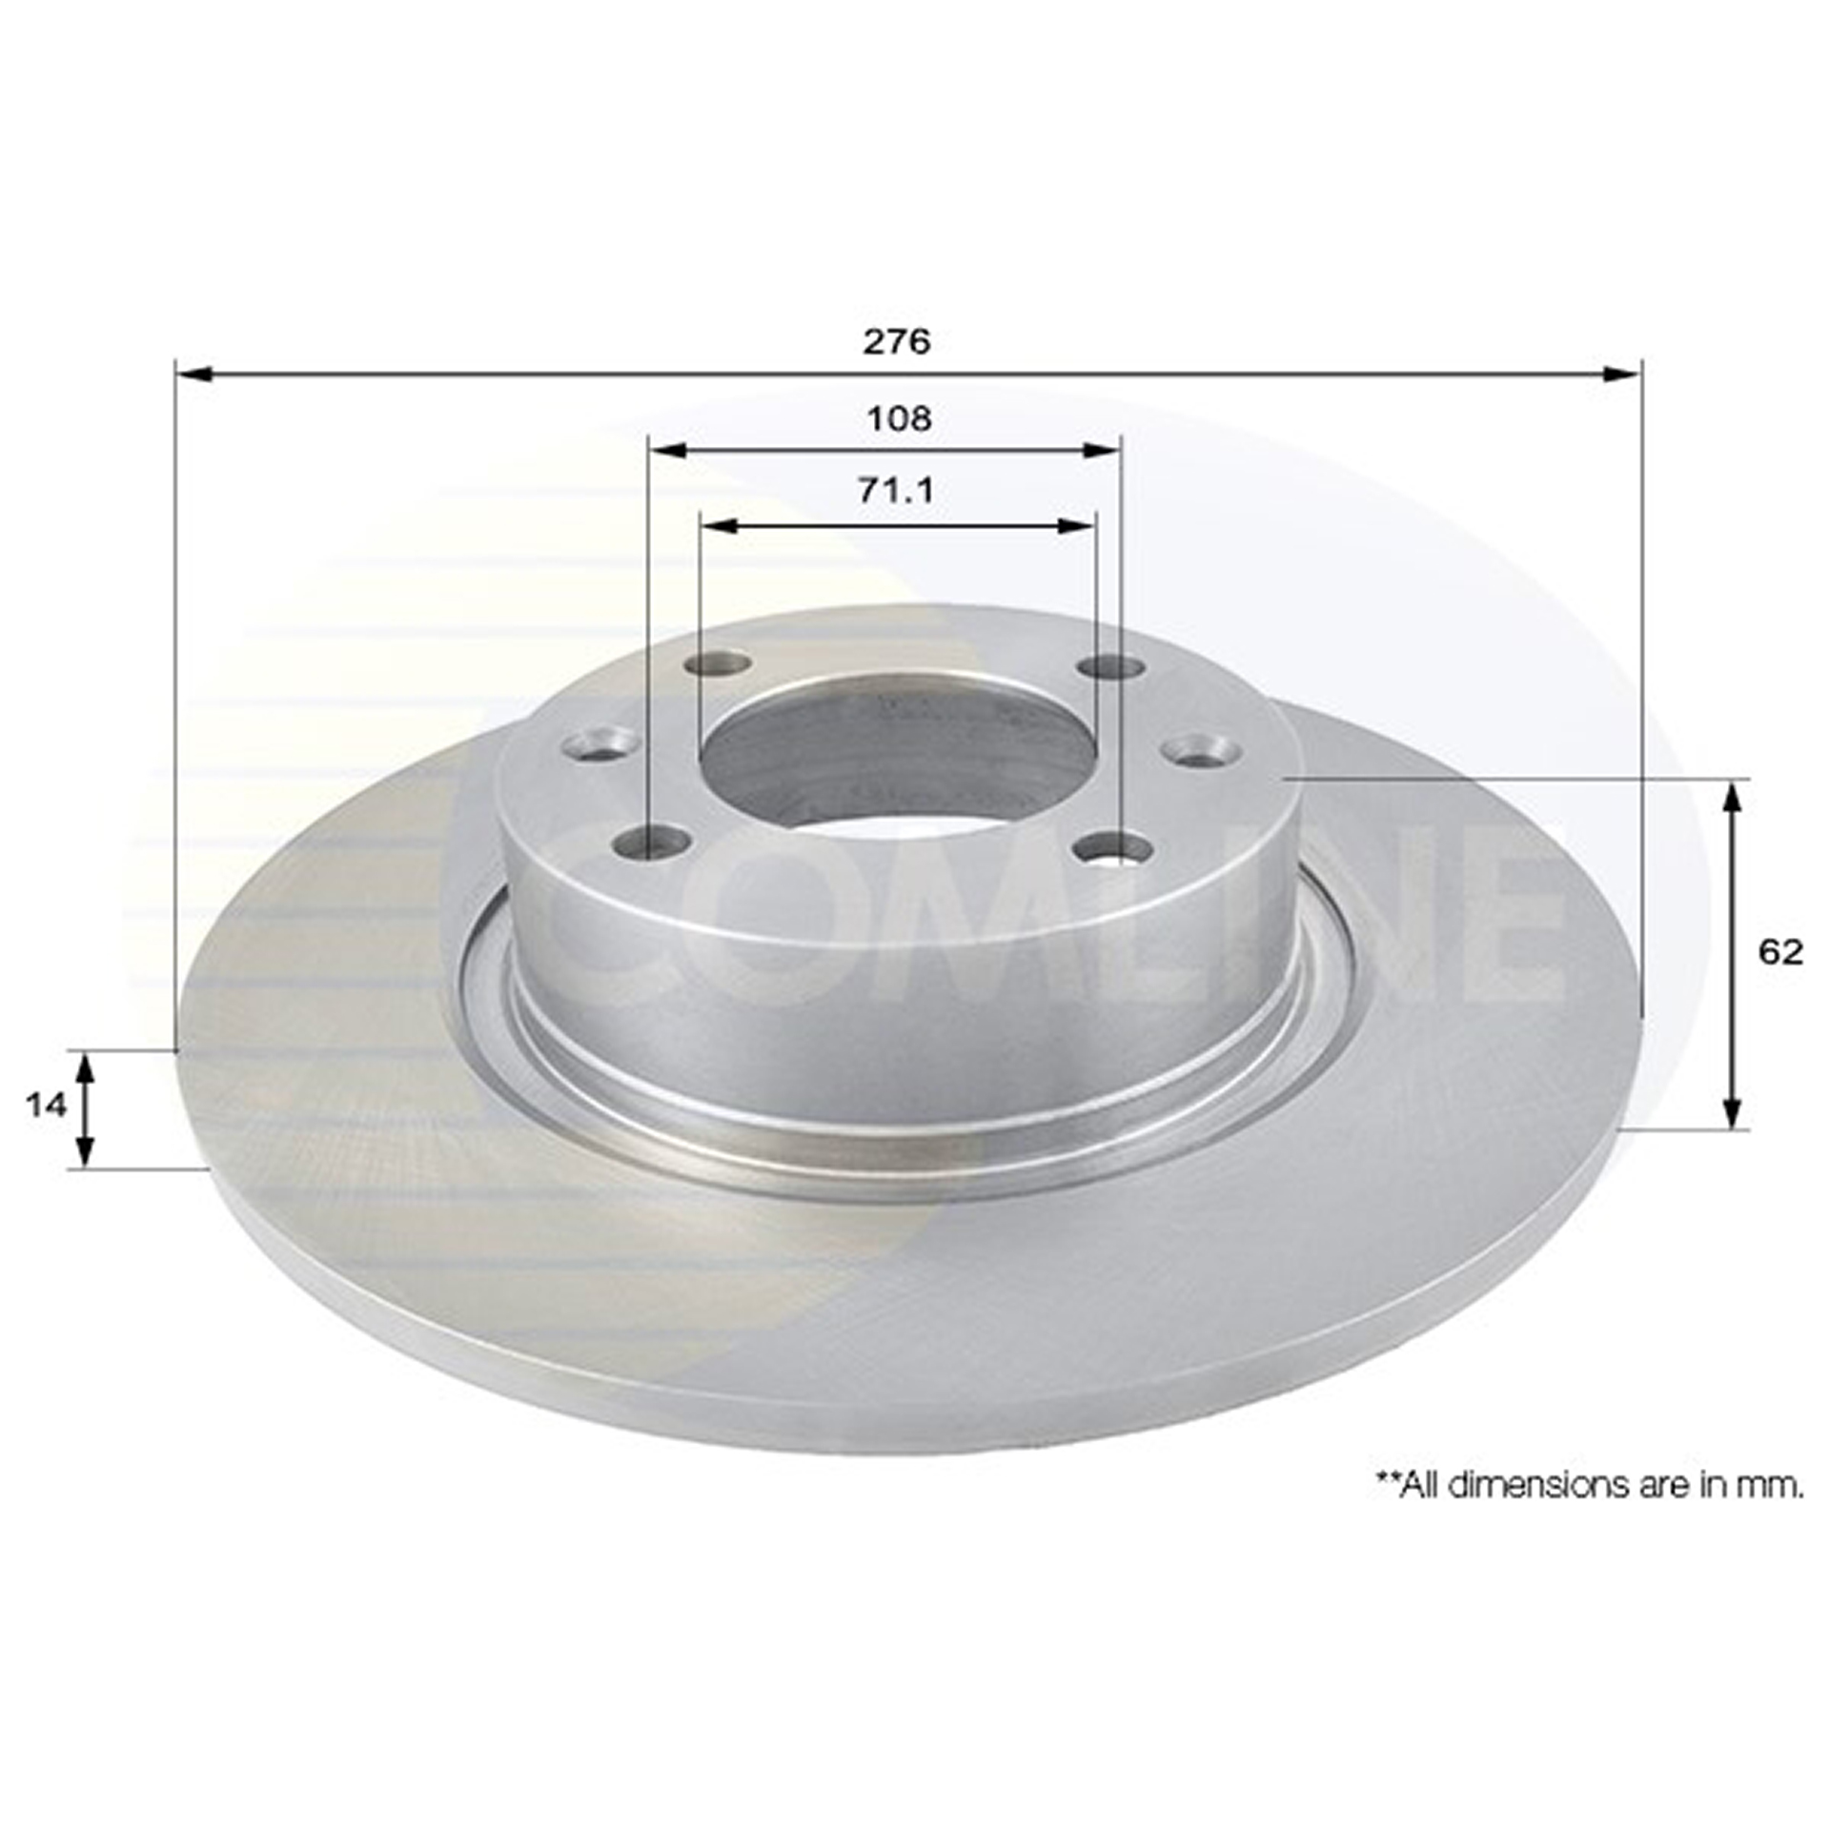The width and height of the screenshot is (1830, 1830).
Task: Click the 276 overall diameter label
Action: pos(896,341)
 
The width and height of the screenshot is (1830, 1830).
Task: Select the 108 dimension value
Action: pos(898,417)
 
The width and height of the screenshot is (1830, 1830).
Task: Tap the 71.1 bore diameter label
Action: pos(897,490)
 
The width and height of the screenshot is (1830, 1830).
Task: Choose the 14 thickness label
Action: pos(46,1106)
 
